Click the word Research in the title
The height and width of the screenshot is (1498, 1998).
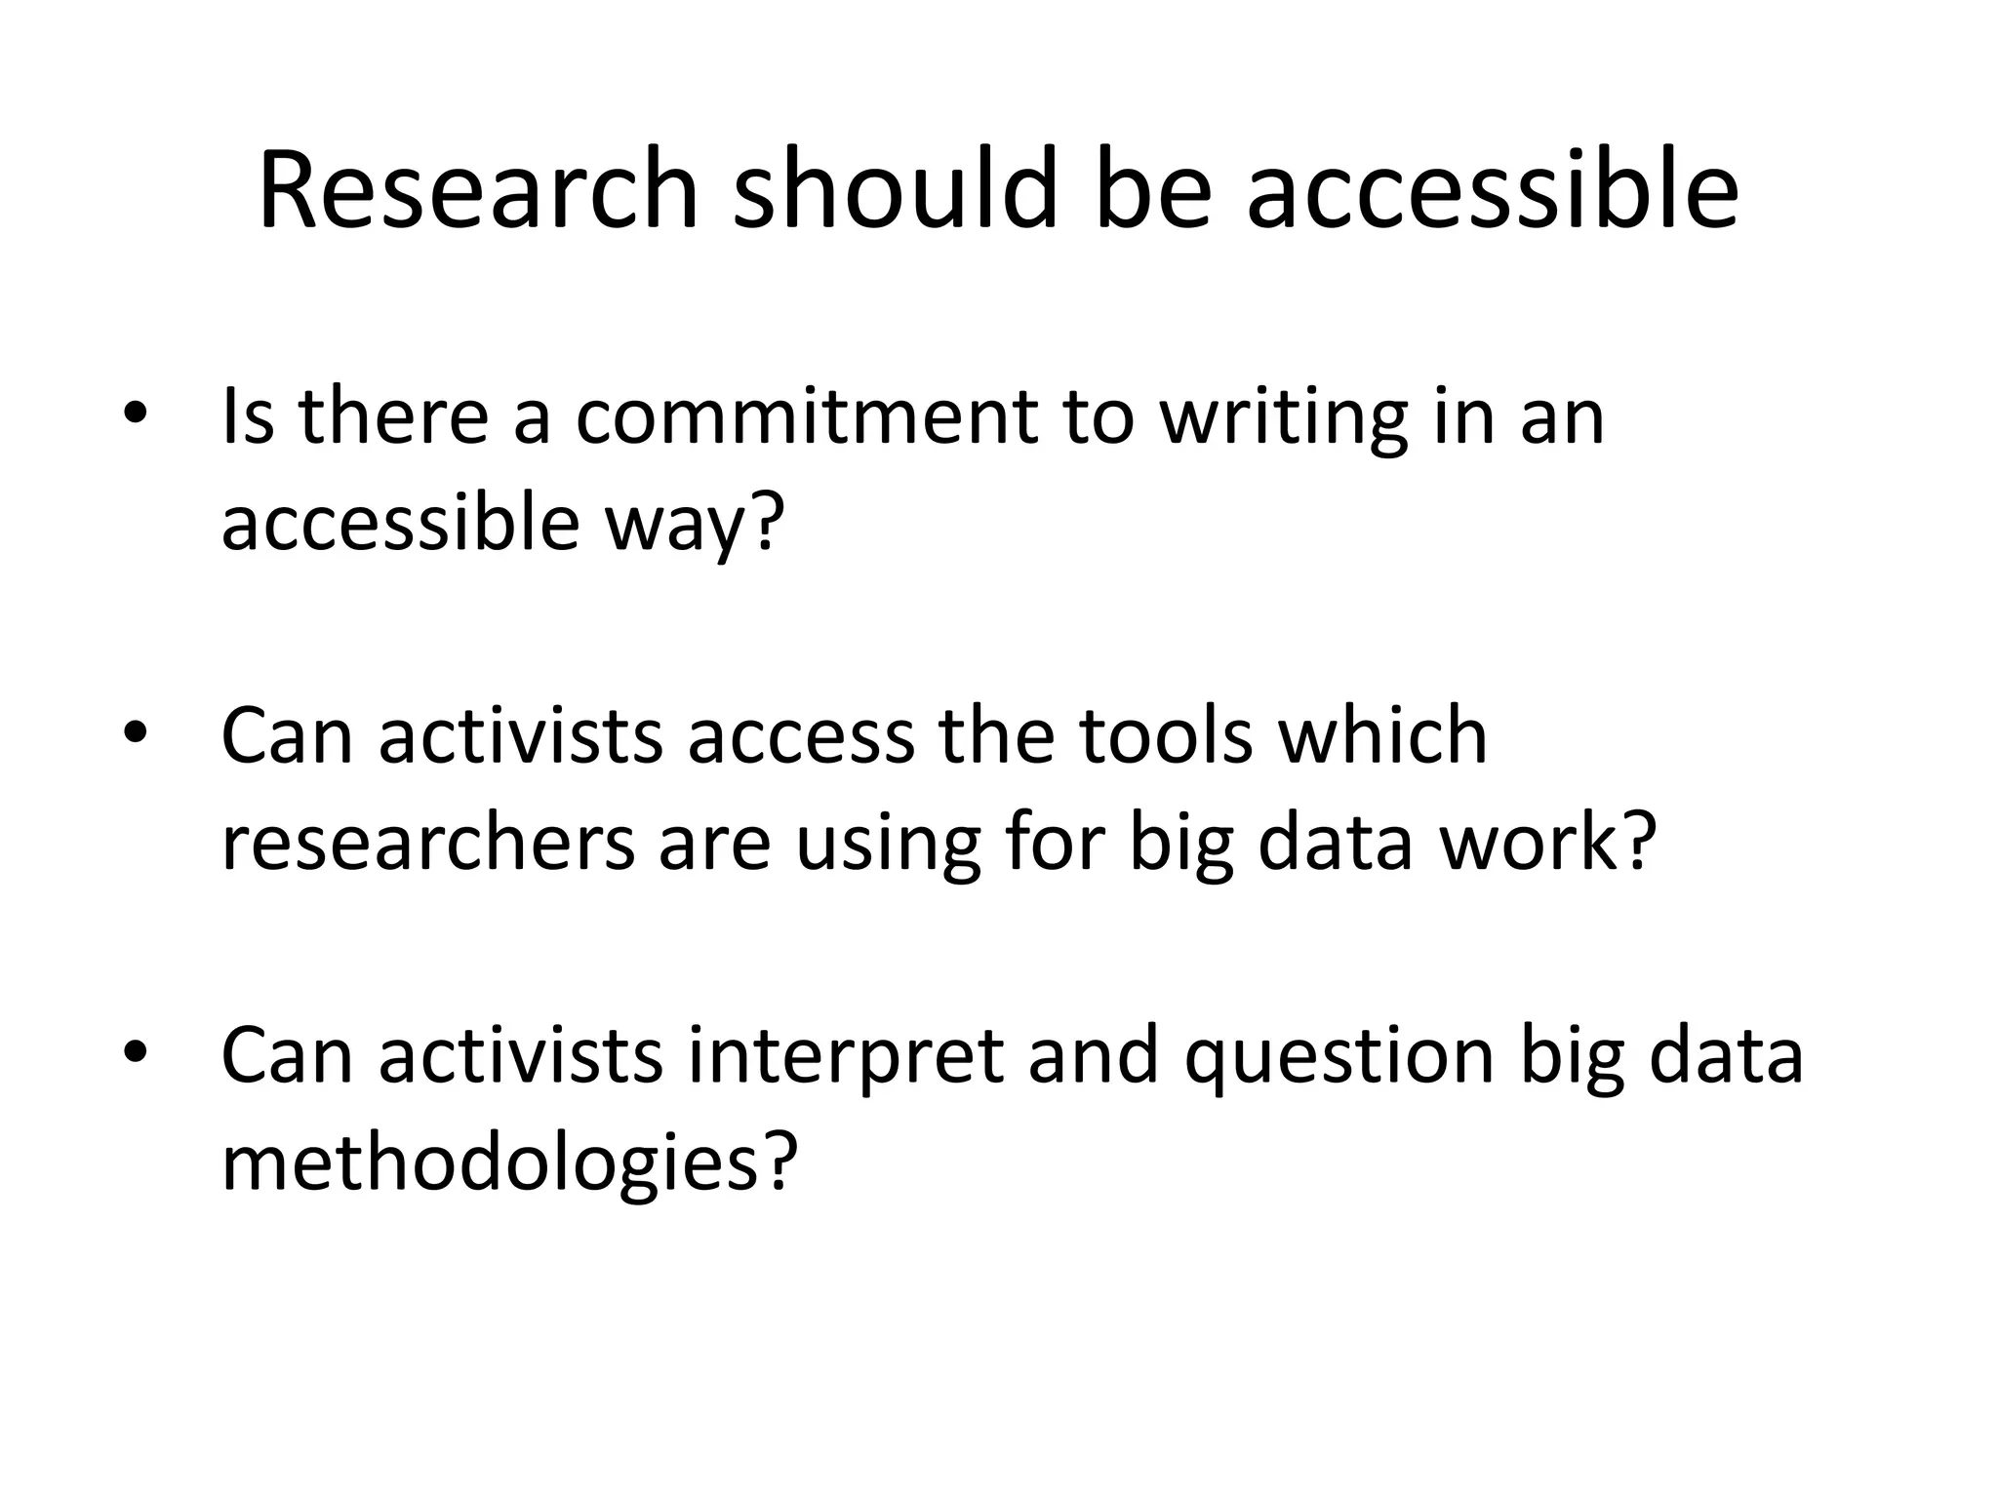coord(478,189)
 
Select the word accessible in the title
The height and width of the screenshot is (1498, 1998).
coord(1492,189)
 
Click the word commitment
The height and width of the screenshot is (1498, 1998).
coord(806,417)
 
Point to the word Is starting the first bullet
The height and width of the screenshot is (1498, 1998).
coord(248,417)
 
